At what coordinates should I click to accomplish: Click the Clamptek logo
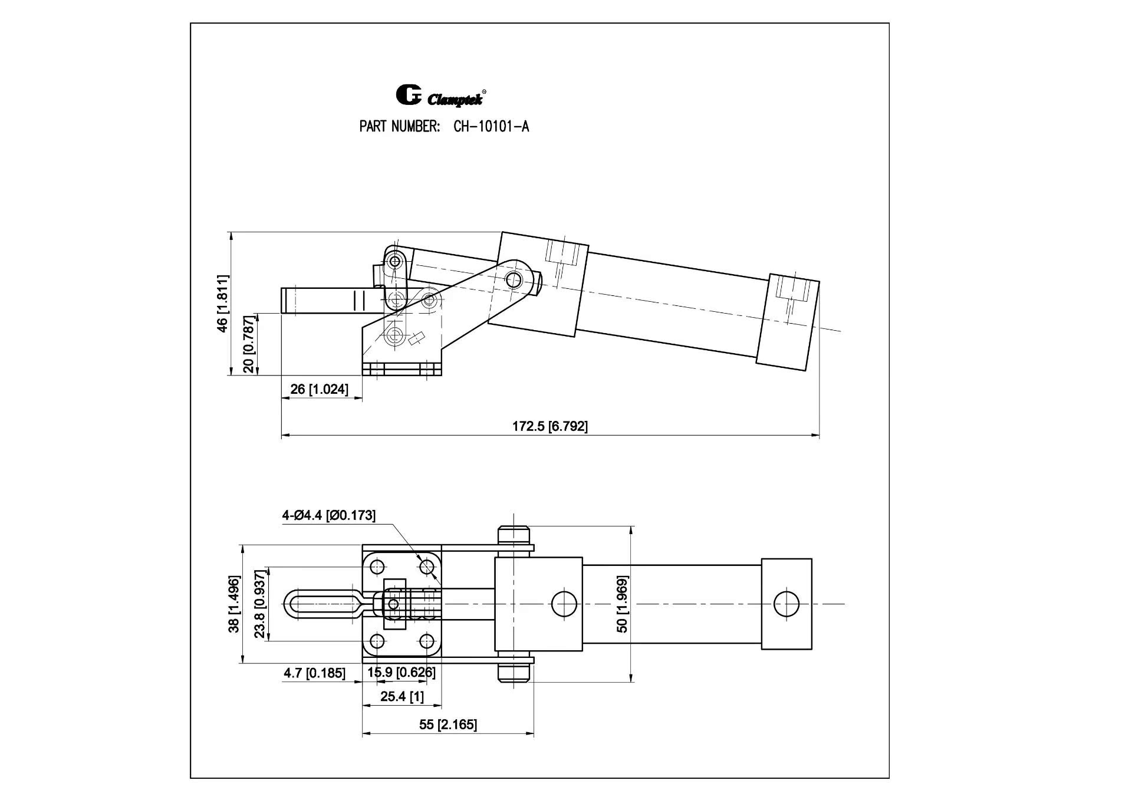(440, 96)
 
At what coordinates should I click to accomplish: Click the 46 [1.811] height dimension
(222, 303)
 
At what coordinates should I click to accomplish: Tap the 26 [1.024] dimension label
(319, 389)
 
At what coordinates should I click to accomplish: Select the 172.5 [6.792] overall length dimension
(549, 426)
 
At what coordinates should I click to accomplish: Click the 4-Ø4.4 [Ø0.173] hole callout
(328, 515)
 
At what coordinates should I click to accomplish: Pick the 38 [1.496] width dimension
(235, 604)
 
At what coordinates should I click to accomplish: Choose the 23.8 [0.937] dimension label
(260, 604)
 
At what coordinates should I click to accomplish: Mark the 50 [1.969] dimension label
(623, 604)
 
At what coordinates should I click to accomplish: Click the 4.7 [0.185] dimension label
(314, 673)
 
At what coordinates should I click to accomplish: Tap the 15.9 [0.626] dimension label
(402, 673)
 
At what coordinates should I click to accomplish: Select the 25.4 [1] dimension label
(402, 697)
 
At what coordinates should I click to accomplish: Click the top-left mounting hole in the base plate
(377, 568)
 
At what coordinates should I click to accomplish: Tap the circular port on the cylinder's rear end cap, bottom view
(787, 604)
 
